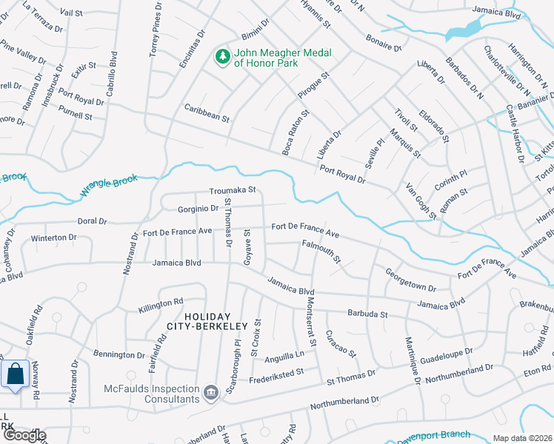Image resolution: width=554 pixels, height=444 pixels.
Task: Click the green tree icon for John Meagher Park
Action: coord(221,56)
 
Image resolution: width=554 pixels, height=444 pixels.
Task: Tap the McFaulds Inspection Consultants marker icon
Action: coord(211,391)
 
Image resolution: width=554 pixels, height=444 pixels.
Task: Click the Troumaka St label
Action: coord(232,190)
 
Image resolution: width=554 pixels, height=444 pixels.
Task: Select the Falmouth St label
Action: coord(321,251)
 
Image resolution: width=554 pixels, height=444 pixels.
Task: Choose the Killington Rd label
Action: coord(160,303)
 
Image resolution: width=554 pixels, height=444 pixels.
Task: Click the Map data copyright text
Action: coord(522,438)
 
